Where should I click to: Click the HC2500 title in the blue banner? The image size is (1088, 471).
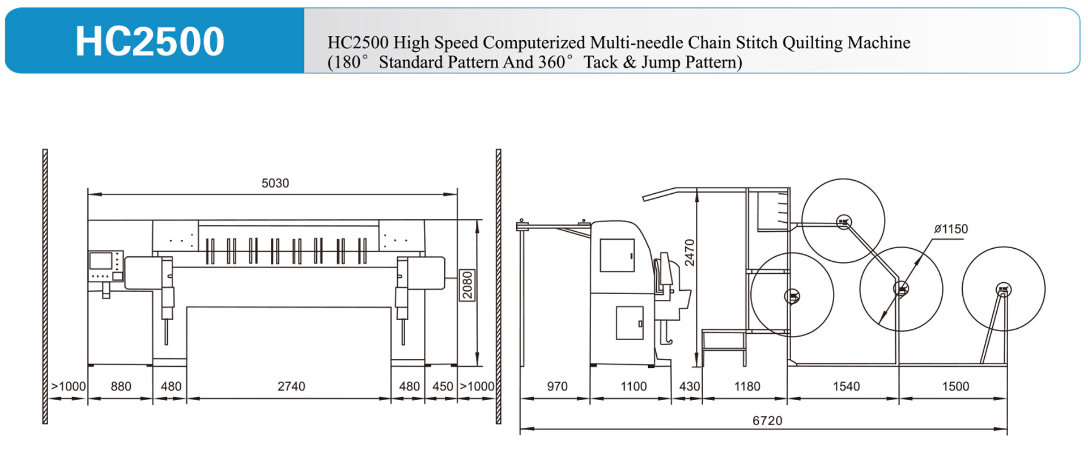(150, 41)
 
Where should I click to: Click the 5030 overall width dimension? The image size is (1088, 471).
(275, 183)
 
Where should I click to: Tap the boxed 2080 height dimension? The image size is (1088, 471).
(467, 285)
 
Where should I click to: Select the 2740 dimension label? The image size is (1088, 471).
(291, 387)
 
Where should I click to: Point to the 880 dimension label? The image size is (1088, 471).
(121, 387)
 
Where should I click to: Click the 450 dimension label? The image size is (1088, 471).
(443, 387)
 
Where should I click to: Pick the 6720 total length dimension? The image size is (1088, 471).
(767, 421)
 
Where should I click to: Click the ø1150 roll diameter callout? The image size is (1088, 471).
(951, 229)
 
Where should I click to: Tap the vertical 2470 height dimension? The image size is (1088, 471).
(690, 253)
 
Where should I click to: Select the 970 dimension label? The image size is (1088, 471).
(557, 387)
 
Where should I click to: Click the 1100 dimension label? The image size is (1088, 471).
(634, 387)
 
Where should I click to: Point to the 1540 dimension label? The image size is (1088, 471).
(846, 387)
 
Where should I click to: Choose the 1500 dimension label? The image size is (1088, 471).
(955, 387)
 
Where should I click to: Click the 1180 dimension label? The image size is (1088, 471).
(747, 387)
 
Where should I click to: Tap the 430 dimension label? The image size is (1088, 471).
(690, 387)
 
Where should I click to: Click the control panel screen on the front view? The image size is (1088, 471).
(101, 261)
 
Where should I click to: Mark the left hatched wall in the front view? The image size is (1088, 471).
(45, 286)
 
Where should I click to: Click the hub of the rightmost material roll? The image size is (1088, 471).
(1004, 290)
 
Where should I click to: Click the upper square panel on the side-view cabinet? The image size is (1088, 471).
(617, 255)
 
